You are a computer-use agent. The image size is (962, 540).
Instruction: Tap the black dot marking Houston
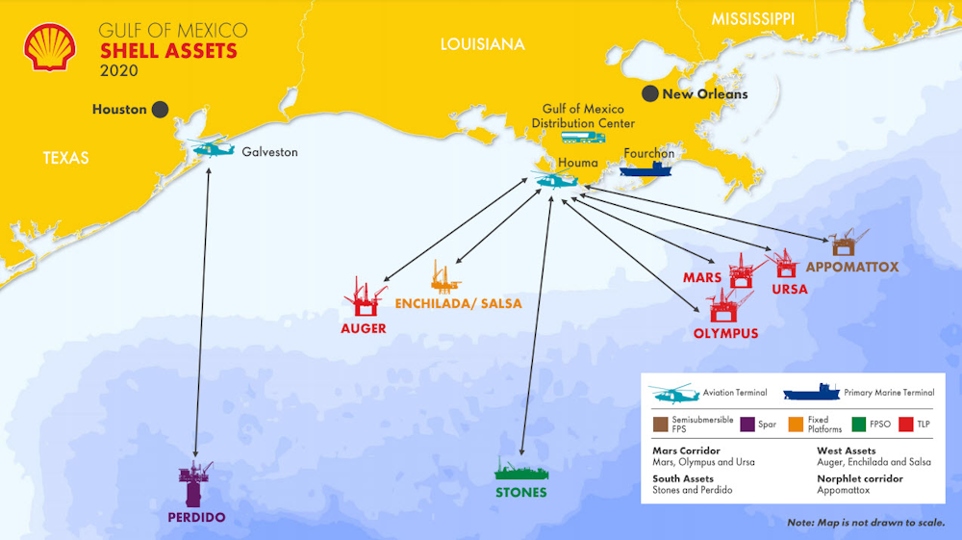coord(160,109)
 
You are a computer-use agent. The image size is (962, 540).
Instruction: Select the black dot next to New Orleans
coord(651,93)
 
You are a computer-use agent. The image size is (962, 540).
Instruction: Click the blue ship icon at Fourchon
coord(646,169)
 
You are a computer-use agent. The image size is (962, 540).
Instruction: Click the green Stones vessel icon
coord(521,470)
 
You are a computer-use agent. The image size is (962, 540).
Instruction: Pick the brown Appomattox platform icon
coord(847,243)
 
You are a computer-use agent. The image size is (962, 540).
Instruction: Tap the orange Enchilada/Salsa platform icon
coord(444,277)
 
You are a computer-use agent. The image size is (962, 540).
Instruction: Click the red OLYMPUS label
coord(725,334)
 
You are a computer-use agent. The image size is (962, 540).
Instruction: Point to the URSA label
coord(790,289)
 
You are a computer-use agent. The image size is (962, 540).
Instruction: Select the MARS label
coord(702,277)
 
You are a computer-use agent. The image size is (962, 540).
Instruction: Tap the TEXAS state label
coord(65,158)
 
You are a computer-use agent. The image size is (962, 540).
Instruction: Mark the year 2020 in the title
coord(119,70)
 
